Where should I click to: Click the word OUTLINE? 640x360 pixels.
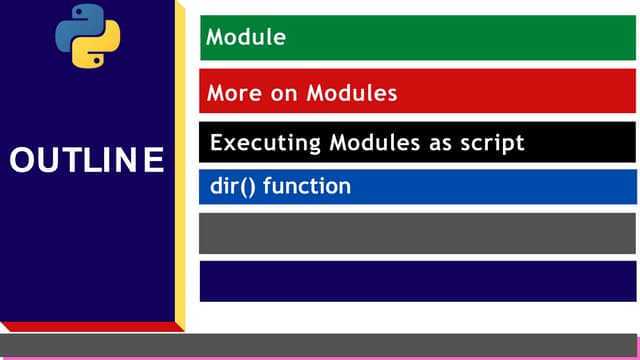click(x=87, y=161)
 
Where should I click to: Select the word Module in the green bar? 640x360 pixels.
click(x=246, y=38)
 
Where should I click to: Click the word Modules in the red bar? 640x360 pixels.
click(x=354, y=93)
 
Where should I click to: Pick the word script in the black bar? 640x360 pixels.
click(x=489, y=143)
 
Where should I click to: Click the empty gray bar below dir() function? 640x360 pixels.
click(x=418, y=233)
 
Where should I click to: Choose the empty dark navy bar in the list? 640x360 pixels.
click(x=418, y=281)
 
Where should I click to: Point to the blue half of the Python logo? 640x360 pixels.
click(x=77, y=26)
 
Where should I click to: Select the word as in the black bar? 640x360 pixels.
click(x=438, y=143)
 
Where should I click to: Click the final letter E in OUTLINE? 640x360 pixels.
click(x=153, y=161)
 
